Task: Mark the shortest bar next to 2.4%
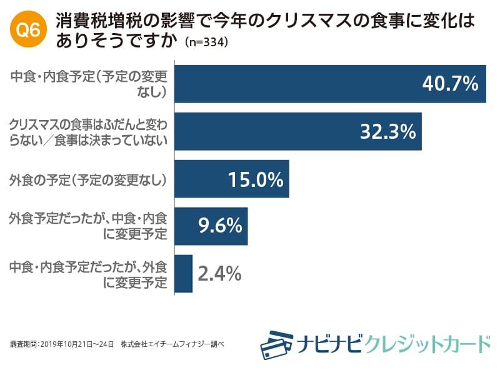[x=184, y=274]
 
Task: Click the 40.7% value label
[x=450, y=84]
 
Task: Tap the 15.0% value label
[x=256, y=179]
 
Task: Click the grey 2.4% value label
[x=219, y=274]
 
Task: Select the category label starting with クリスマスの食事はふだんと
[x=88, y=131]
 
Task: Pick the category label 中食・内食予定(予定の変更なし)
[x=88, y=84]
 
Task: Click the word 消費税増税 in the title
[x=93, y=21]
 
